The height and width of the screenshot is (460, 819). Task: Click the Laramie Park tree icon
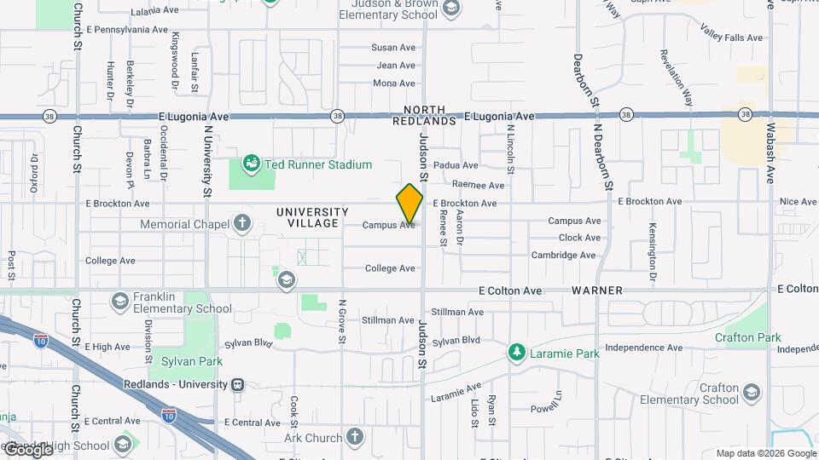[x=515, y=351]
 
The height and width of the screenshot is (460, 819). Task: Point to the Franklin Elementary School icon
[x=120, y=301]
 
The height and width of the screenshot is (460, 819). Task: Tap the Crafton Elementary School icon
[x=751, y=392]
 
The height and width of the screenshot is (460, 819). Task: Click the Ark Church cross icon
[x=355, y=438]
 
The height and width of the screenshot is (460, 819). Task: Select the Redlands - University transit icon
[x=241, y=384]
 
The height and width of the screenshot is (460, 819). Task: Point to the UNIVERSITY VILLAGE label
[x=312, y=217]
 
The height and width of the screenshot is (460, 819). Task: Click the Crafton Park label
[x=748, y=337]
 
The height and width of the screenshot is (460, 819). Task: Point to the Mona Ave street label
[x=394, y=83]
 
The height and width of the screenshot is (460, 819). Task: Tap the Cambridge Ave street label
[x=563, y=255]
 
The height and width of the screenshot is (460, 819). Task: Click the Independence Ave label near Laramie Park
[x=644, y=348]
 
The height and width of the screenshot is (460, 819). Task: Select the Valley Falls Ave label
[x=731, y=37]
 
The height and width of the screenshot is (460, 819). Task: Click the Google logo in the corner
[x=28, y=449]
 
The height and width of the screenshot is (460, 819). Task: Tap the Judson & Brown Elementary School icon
[x=451, y=9]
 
